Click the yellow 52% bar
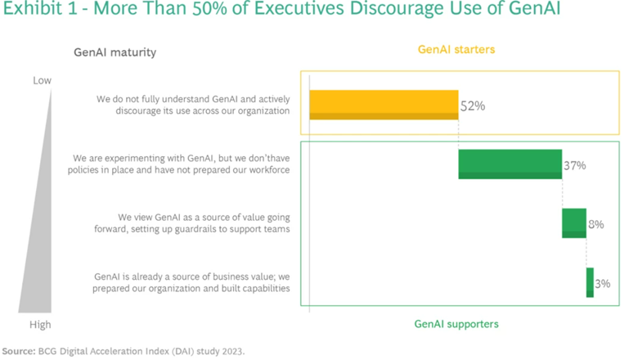click(x=383, y=105)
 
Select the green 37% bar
click(x=510, y=164)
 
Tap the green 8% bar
click(x=573, y=223)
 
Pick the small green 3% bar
click(x=590, y=282)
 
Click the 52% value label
click(x=473, y=106)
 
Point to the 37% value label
click(x=574, y=165)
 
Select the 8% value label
click(x=595, y=224)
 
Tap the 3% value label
click(x=603, y=284)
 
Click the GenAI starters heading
click(x=456, y=49)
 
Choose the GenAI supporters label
click(x=456, y=324)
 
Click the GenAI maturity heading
click(x=115, y=53)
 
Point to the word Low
click(x=42, y=80)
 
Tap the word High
click(x=40, y=325)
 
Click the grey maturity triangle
click(x=41, y=245)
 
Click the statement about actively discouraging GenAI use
click(x=193, y=106)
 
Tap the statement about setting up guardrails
click(x=204, y=223)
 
